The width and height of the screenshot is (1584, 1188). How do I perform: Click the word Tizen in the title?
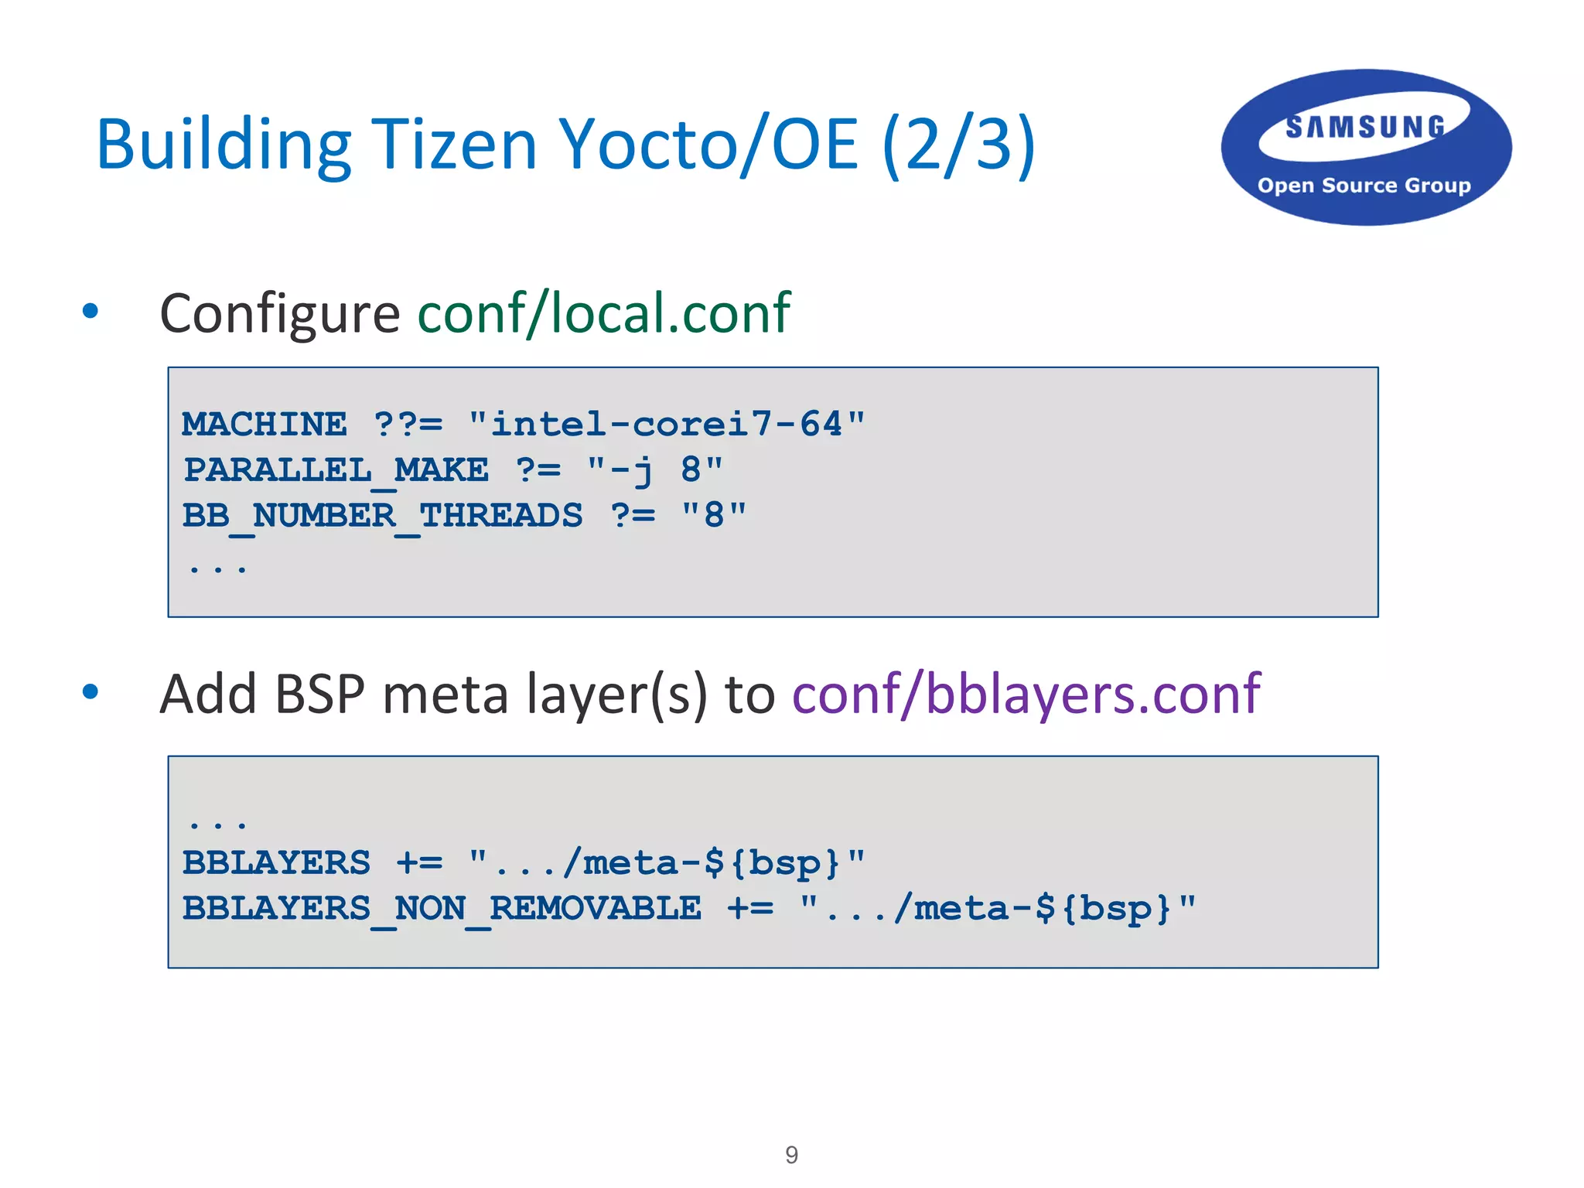(x=454, y=145)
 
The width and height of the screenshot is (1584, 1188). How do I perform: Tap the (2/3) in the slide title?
(x=958, y=145)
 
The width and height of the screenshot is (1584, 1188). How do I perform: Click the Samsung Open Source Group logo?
(x=1365, y=148)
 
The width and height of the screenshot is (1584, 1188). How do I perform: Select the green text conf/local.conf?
(x=604, y=313)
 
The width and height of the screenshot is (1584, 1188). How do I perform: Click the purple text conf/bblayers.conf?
(x=1026, y=694)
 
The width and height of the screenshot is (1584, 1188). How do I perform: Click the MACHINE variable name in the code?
(x=265, y=425)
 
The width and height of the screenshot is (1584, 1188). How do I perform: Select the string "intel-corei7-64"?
(x=667, y=425)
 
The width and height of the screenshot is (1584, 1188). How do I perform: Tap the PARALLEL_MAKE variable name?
(x=336, y=470)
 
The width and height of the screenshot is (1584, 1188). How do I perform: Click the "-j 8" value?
(x=655, y=470)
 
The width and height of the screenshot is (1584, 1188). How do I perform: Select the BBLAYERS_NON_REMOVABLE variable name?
(x=442, y=909)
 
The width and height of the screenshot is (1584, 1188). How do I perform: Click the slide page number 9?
(x=791, y=1155)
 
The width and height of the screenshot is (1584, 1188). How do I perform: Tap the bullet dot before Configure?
(x=90, y=311)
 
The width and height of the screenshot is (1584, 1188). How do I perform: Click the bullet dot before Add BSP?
(x=90, y=691)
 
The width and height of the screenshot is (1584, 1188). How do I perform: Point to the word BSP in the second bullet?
(x=319, y=694)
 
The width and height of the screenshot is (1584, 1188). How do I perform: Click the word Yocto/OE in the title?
(x=708, y=145)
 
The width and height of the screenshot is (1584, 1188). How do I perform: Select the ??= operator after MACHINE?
(x=408, y=425)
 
